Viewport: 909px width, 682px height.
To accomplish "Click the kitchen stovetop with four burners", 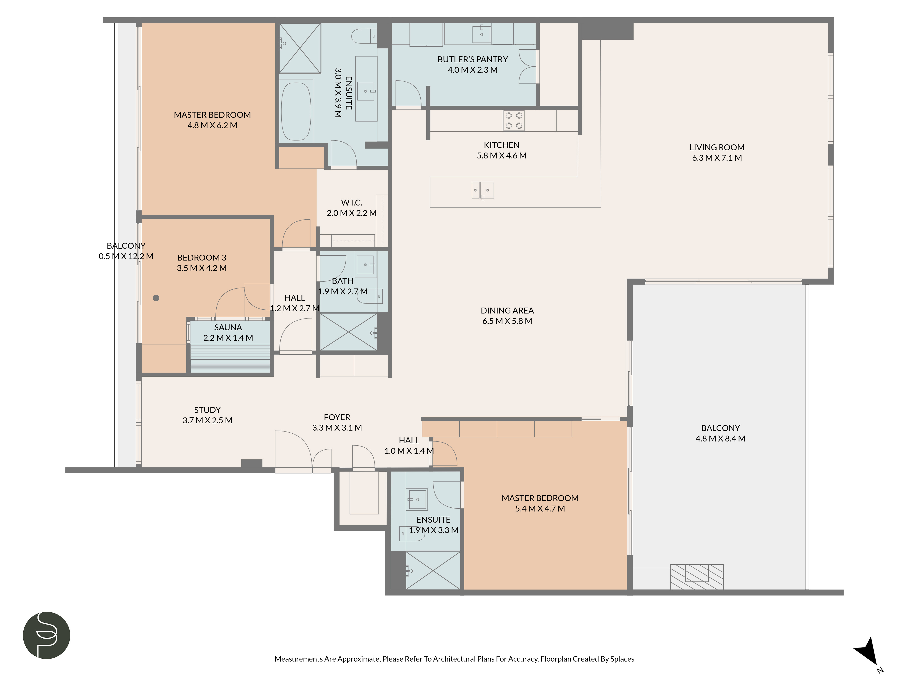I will pyautogui.click(x=514, y=120).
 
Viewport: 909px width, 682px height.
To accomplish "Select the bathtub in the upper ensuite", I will pyautogui.click(x=296, y=111).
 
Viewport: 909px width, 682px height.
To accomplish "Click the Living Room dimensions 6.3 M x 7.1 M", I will pyautogui.click(x=717, y=158).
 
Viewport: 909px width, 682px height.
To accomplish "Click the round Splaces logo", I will pyautogui.click(x=46, y=635).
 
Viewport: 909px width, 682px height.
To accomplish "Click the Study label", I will pyautogui.click(x=207, y=410).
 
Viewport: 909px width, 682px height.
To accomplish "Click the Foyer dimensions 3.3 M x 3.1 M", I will pyautogui.click(x=337, y=428).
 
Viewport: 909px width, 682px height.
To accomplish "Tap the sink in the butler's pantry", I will pyautogui.click(x=481, y=34).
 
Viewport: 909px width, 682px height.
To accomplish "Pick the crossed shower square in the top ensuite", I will pyautogui.click(x=300, y=48).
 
